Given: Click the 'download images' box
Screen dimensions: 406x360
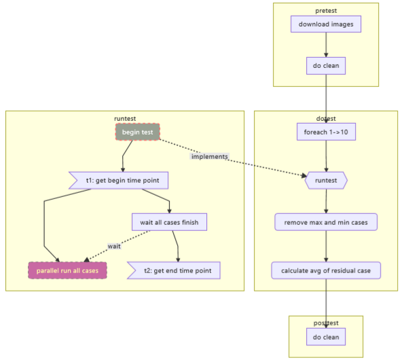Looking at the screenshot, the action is pos(326,24).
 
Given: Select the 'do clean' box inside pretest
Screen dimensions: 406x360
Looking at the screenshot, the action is pos(326,66).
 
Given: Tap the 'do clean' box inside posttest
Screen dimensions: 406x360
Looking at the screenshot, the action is pos(326,337).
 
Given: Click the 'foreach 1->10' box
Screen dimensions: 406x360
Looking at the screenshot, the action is pos(326,132).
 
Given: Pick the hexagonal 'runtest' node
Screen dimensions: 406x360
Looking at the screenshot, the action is pos(326,180).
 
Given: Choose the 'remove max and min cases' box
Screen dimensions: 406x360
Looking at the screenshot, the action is pos(326,222).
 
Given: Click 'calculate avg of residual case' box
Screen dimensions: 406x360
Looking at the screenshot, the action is pos(326,270).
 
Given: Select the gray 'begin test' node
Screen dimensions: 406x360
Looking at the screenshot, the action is pos(138,132).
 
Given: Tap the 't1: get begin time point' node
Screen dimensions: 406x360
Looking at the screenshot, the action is pos(118,180).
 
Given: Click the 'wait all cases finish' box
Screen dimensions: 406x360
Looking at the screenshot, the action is pos(169,222).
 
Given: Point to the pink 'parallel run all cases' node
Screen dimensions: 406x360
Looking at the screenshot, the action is pos(67,270).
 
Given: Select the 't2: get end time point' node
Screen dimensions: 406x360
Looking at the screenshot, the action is pos(174,270).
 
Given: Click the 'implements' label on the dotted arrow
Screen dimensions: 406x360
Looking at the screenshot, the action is pos(210,156).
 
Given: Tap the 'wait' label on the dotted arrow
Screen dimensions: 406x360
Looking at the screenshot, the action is pos(114,246).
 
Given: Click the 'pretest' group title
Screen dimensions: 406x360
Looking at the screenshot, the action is pos(326,11).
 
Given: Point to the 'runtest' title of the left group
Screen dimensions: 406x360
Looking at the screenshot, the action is pos(125,119).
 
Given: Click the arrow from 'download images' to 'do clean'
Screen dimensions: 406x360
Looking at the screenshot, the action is pos(326,45).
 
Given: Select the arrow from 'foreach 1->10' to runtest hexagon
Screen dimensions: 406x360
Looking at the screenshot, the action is pos(326,156).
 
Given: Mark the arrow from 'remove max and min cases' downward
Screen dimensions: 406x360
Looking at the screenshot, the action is pos(326,247).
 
